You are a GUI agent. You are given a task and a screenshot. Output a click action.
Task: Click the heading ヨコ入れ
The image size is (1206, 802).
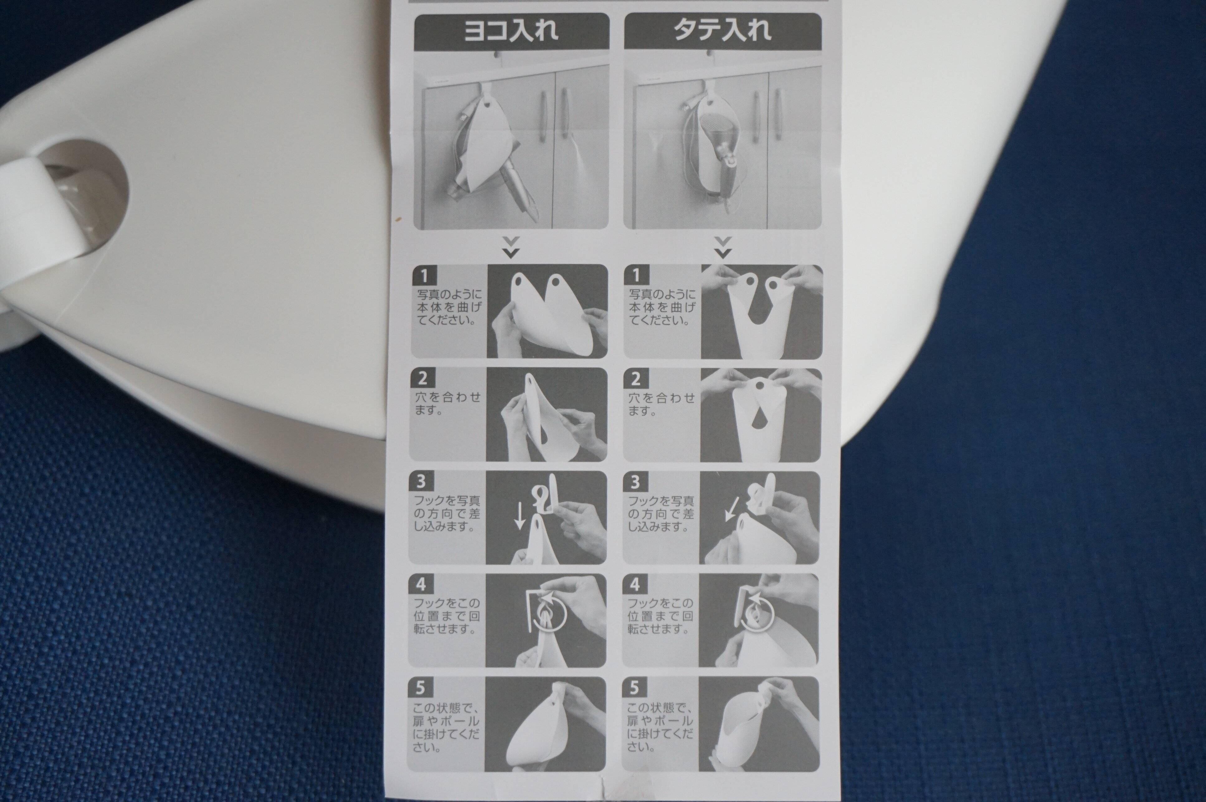[510, 31]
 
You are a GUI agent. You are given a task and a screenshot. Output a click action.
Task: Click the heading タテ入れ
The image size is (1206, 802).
[723, 31]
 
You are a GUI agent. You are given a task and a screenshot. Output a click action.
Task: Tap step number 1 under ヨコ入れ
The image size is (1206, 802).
[423, 276]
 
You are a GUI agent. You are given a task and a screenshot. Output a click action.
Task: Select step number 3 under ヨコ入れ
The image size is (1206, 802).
[422, 481]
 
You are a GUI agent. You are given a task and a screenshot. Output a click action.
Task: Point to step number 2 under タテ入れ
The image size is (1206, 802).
[635, 379]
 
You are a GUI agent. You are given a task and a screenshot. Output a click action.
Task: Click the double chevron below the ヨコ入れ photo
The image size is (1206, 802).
[510, 247]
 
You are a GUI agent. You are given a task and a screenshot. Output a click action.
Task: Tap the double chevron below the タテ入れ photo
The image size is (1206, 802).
[723, 247]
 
